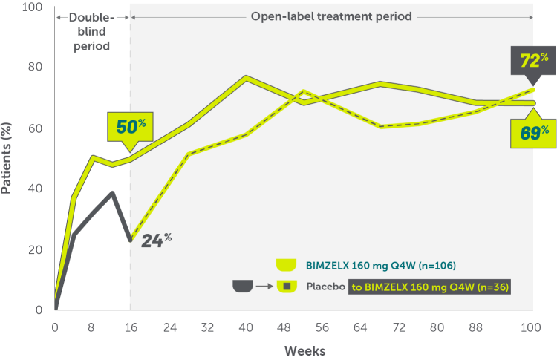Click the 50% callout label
128,125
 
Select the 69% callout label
535,132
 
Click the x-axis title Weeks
303,348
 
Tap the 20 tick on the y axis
35,250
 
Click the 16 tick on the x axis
130,327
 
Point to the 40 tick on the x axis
245,327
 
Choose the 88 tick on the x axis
475,327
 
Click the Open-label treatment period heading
331,16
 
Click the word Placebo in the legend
325,287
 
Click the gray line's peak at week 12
112,192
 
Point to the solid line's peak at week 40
246,77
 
